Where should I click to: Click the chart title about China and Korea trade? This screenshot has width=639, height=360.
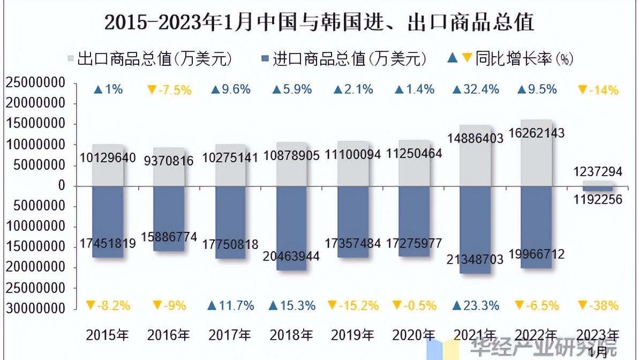coord(319,22)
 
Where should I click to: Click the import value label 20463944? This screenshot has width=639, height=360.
coord(291,256)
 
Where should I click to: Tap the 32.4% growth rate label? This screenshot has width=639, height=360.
coord(476,89)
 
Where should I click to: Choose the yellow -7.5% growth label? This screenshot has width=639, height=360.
coord(169,90)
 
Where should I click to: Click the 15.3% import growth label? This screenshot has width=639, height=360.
coord(292,306)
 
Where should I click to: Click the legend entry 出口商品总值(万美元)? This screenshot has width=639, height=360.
coord(149,58)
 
